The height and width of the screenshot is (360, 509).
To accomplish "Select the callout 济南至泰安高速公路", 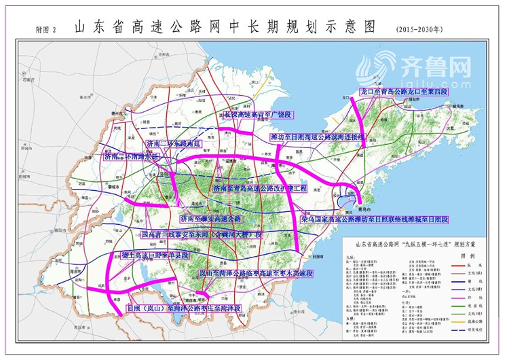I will pyautogui.click(x=210, y=219).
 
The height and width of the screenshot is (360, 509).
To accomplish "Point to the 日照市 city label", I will pyautogui.click(x=316, y=256).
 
